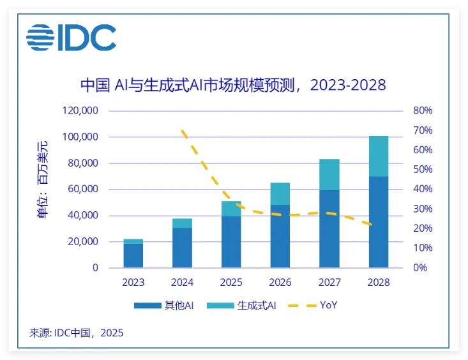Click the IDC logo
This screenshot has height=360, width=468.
point(71,38)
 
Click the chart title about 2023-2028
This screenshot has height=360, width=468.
point(234,85)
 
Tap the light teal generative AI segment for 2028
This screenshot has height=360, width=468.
point(379,156)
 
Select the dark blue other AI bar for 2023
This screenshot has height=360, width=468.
point(133,255)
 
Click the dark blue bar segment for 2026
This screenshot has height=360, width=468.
point(280,236)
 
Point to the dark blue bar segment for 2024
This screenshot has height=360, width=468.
point(182,248)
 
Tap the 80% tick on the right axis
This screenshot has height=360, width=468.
point(423,110)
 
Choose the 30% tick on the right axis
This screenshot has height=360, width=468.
point(423,209)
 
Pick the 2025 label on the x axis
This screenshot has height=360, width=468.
point(231,282)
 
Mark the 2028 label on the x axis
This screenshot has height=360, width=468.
point(379,282)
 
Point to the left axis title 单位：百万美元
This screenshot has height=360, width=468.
point(43,179)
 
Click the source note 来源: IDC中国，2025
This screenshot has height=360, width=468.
point(77,333)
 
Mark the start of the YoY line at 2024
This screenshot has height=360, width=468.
point(183,131)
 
